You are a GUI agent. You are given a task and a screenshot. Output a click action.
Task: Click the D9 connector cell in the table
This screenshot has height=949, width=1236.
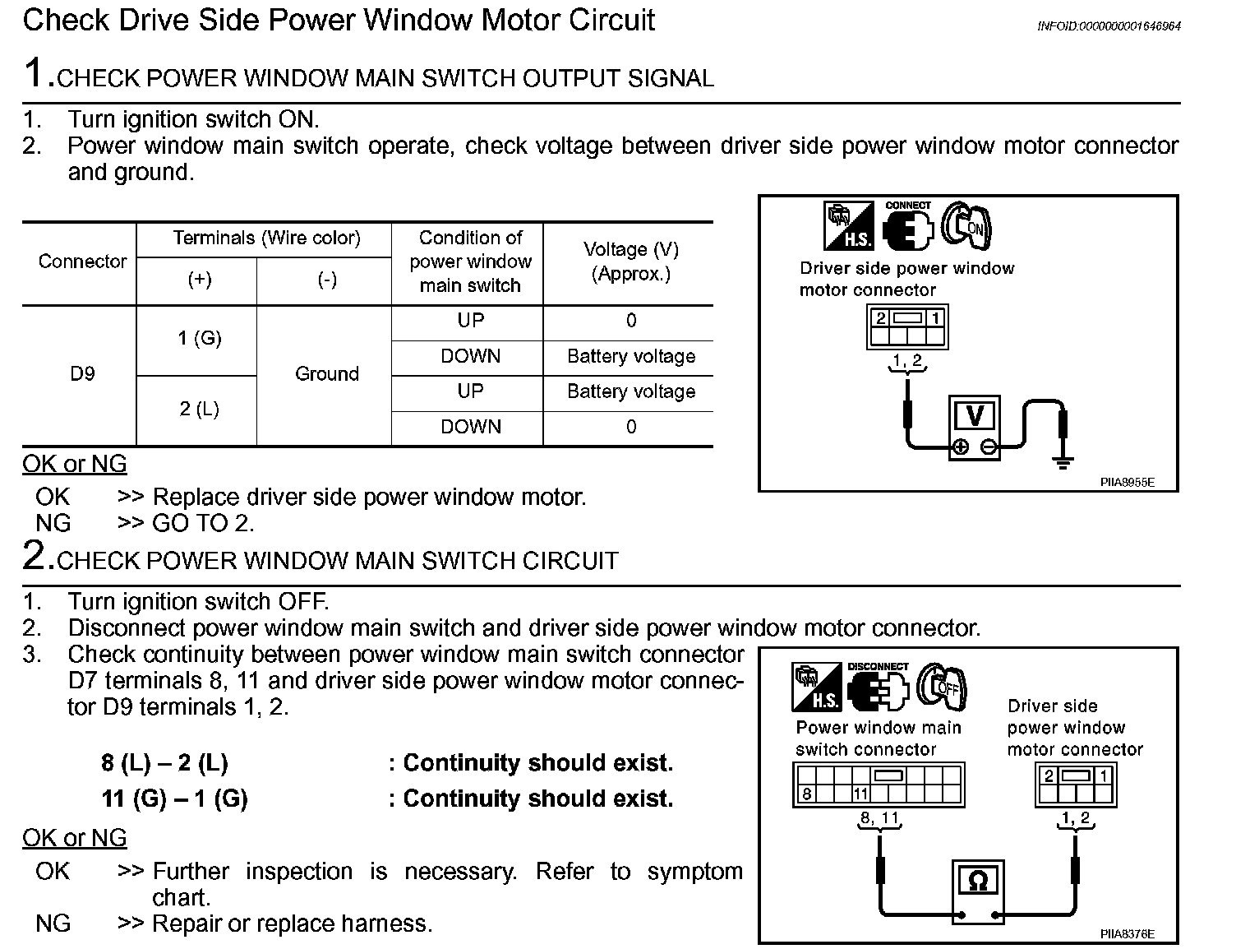[82, 374]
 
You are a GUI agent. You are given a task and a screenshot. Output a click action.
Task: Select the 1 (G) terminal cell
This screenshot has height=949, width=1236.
[199, 339]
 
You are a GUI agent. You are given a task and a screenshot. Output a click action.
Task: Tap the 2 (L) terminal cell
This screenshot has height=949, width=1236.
[199, 410]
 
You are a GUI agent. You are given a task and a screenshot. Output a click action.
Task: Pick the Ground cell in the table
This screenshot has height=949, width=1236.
[326, 374]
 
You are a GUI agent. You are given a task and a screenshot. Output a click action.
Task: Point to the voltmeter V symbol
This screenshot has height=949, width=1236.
[975, 416]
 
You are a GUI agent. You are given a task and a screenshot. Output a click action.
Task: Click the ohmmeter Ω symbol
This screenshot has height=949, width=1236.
[978, 881]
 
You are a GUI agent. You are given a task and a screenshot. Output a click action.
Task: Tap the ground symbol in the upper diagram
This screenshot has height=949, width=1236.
[1063, 463]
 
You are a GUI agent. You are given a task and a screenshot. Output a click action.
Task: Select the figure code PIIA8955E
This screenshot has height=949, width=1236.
[1127, 483]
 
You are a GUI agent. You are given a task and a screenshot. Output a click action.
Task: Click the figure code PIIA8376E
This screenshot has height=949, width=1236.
[1127, 934]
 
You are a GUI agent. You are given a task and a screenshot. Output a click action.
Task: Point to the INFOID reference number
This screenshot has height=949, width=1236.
[1109, 26]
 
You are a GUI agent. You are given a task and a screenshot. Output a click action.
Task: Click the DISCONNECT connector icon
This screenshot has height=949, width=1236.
[878, 688]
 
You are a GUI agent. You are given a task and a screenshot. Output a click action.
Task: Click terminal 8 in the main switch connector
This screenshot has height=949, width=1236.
[807, 794]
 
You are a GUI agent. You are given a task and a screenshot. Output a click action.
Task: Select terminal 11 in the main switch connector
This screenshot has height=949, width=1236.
[860, 794]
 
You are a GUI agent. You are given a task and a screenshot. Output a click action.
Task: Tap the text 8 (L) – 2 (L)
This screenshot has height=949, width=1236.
[164, 763]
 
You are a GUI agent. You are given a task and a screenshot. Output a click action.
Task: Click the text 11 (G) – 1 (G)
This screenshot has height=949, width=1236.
[174, 799]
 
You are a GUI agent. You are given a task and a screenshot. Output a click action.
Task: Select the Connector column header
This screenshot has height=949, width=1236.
[82, 262]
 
